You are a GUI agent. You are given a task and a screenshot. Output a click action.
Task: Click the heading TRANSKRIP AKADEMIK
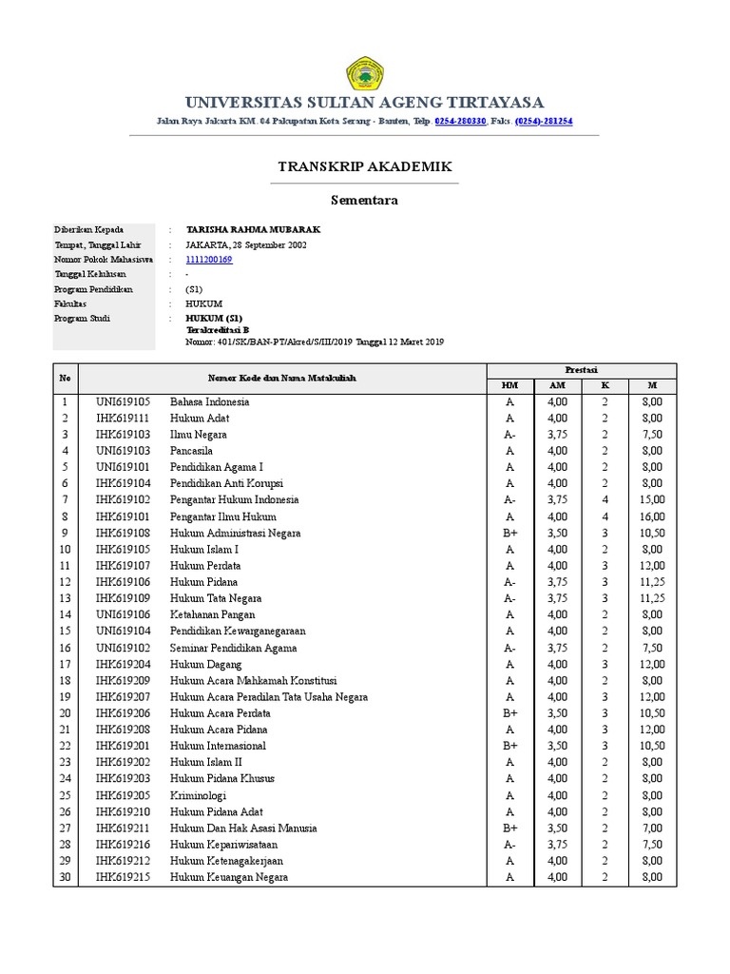click(365, 166)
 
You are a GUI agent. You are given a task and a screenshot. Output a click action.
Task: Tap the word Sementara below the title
click(364, 201)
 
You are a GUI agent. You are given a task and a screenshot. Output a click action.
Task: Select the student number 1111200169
click(208, 260)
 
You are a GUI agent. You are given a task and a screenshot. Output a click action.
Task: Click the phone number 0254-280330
click(461, 122)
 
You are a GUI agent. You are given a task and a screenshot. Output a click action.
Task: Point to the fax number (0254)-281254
click(544, 122)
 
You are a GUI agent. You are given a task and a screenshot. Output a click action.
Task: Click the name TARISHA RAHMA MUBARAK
click(240, 230)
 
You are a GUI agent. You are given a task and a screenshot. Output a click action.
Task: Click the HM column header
click(510, 385)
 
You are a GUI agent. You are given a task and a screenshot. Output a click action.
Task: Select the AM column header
click(557, 385)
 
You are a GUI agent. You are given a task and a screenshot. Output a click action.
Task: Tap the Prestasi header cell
click(581, 370)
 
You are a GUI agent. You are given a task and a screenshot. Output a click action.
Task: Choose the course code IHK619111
click(123, 418)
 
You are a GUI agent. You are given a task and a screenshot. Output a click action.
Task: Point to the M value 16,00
click(652, 516)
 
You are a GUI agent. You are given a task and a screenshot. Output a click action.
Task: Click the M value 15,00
click(652, 499)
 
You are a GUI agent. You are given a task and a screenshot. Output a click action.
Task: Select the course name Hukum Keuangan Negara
click(229, 877)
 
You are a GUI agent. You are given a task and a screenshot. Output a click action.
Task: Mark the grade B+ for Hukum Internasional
click(510, 746)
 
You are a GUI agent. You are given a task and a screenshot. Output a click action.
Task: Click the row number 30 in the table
click(66, 877)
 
